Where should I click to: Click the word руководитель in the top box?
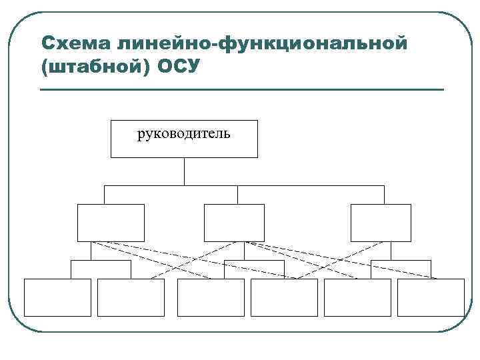(183, 135)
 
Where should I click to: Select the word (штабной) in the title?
(97, 67)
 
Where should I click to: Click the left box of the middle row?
(111, 223)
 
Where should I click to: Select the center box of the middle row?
(234, 223)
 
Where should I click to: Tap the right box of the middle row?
(381, 223)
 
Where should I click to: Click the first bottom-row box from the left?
(57, 297)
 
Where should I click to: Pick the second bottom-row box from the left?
(131, 297)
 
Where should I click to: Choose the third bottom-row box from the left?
(211, 297)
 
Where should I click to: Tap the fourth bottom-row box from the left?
(285, 297)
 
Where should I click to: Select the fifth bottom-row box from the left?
(357, 297)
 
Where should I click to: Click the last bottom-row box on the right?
(431, 297)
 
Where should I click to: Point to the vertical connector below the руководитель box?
(184, 171)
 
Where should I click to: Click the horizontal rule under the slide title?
(242, 89)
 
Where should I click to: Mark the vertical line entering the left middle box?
(105, 195)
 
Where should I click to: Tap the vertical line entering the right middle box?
(384, 195)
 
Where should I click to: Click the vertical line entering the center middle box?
(237, 195)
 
